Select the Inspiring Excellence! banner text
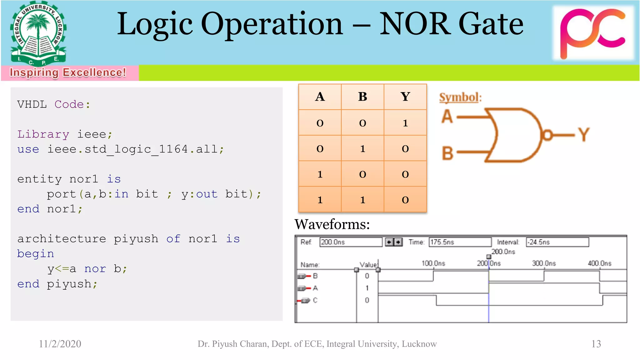click(x=68, y=72)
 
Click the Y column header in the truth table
click(x=405, y=97)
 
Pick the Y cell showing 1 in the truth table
click(x=405, y=123)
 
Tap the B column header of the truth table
click(x=362, y=97)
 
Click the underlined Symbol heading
click(x=459, y=97)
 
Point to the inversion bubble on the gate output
click(x=547, y=135)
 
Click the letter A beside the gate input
click(x=447, y=116)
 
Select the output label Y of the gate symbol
click(x=583, y=135)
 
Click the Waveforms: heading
click(x=332, y=224)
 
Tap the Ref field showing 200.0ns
click(x=350, y=242)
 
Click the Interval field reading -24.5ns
click(x=557, y=242)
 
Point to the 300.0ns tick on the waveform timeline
click(x=544, y=263)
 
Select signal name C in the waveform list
click(x=315, y=300)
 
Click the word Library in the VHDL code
click(x=43, y=134)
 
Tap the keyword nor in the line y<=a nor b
click(x=95, y=268)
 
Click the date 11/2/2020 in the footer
click(x=60, y=344)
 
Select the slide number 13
click(x=596, y=344)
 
